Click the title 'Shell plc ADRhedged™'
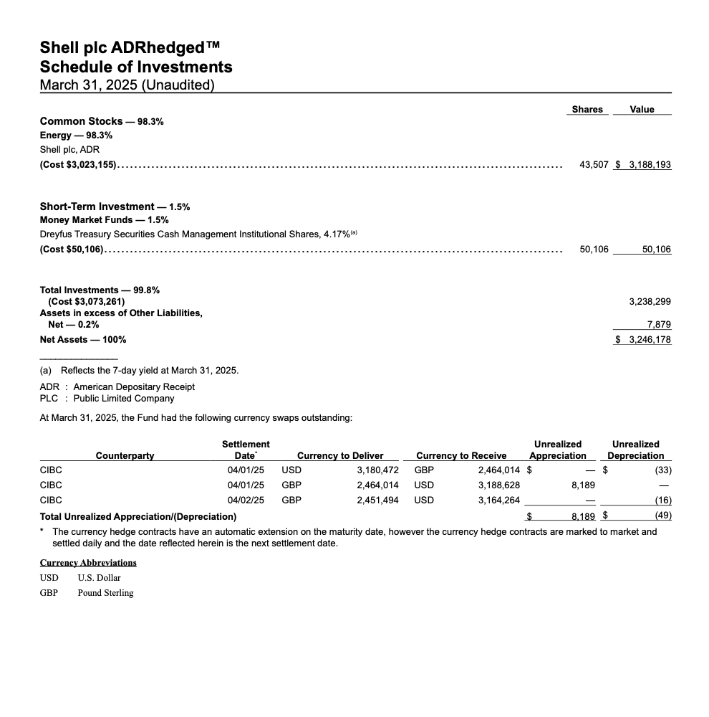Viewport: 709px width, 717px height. click(x=130, y=48)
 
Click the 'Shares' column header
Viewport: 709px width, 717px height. click(x=587, y=109)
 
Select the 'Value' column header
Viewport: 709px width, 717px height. click(x=642, y=109)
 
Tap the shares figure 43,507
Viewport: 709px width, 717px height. click(x=594, y=164)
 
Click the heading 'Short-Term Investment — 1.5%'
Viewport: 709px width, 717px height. click(x=115, y=206)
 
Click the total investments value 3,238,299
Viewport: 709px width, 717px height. click(x=650, y=302)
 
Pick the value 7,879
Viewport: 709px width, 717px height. click(x=659, y=325)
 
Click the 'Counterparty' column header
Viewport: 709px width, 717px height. click(x=125, y=455)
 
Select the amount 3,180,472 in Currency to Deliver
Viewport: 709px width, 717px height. click(x=377, y=470)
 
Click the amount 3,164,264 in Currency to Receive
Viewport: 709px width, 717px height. click(x=499, y=500)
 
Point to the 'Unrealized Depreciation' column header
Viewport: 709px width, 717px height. click(x=636, y=450)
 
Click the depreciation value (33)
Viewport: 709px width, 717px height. click(x=663, y=470)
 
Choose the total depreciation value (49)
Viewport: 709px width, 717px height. click(x=663, y=516)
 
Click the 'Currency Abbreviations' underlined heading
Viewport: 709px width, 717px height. click(x=88, y=562)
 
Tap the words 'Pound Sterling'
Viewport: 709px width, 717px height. click(x=105, y=592)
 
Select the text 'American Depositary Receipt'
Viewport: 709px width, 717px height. click(x=134, y=386)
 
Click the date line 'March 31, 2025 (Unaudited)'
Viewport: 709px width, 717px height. click(x=127, y=85)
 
